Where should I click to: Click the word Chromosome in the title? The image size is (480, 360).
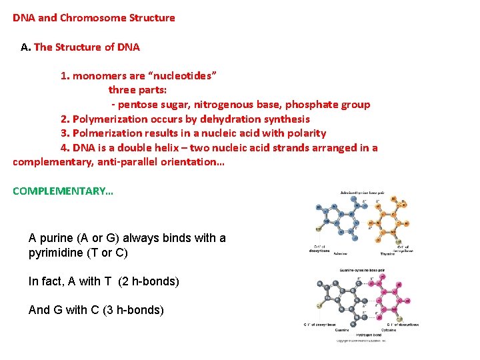tap(89, 18)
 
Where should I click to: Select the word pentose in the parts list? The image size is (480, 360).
tap(137, 105)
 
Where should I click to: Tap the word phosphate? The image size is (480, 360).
tap(313, 105)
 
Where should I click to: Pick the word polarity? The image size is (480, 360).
tap(304, 133)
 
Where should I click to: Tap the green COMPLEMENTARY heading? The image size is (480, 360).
tap(63, 191)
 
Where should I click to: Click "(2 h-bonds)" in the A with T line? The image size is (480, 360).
tap(148, 282)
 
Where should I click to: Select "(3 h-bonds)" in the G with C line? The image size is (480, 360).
tap(133, 310)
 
